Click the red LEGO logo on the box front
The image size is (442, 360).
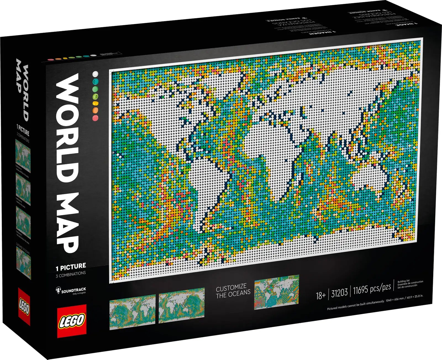click(x=71, y=321)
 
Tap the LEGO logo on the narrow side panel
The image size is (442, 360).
click(x=24, y=306)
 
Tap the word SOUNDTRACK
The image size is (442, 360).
click(x=73, y=290)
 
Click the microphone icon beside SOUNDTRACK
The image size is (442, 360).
click(x=58, y=290)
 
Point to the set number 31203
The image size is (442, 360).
click(x=339, y=293)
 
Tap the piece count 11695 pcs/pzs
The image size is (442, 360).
click(x=372, y=289)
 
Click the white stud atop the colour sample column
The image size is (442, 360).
click(x=95, y=74)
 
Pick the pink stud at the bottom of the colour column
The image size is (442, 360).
click(x=95, y=118)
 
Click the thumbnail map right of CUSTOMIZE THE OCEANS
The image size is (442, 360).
click(x=276, y=292)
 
